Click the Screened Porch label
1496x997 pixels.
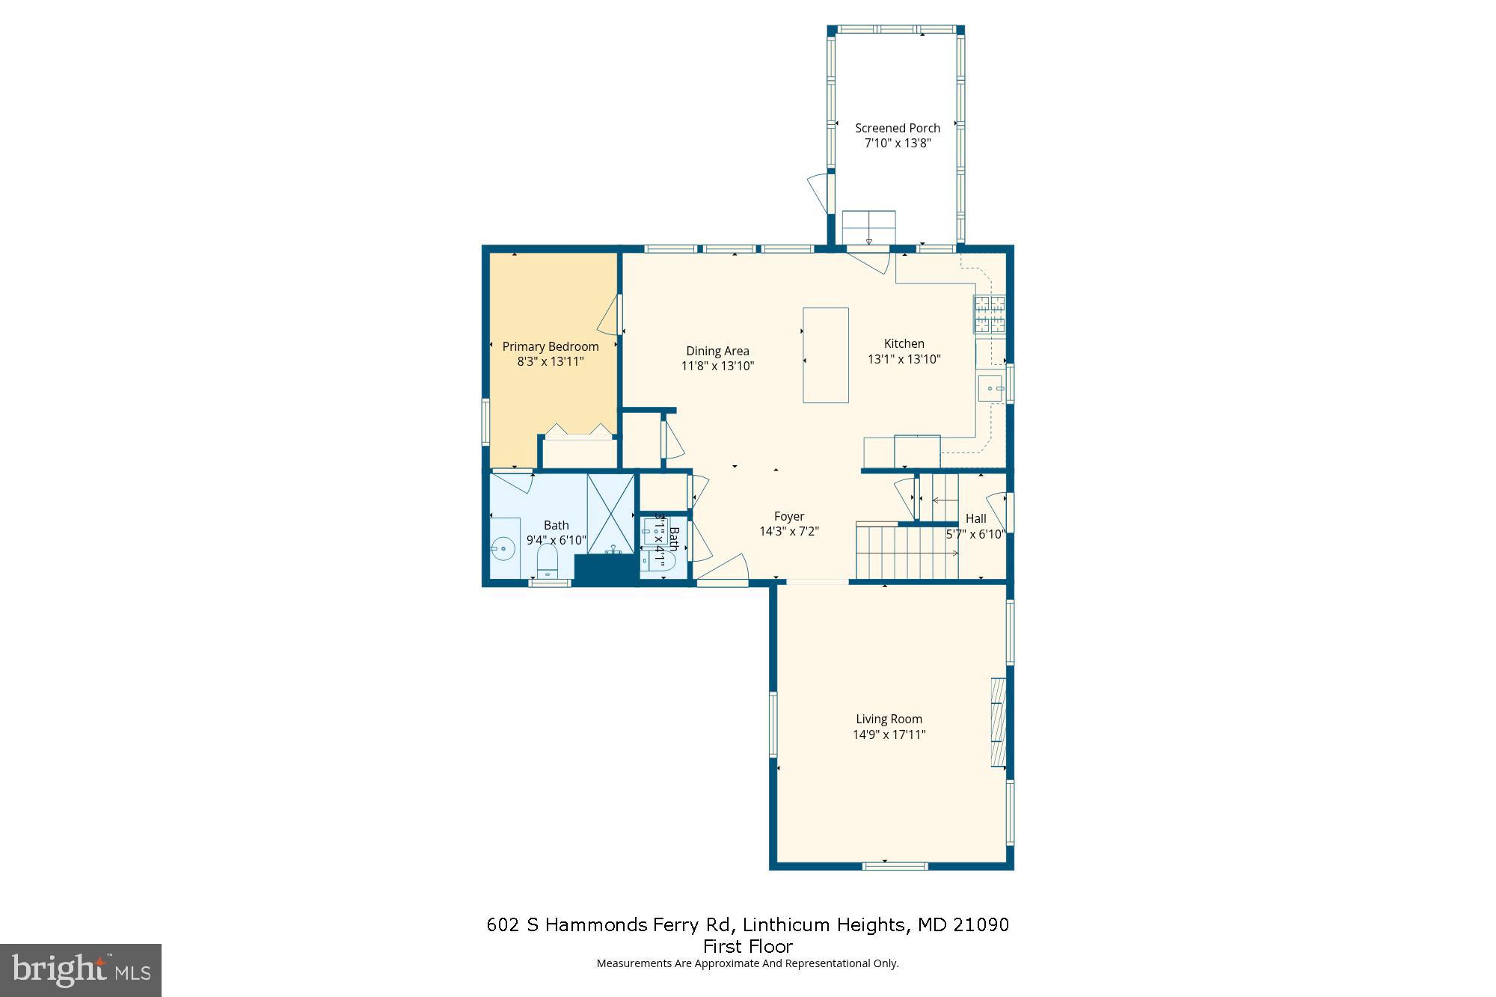(x=897, y=128)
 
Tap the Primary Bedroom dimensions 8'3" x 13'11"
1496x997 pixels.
(x=550, y=362)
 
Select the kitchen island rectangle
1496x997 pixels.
(x=825, y=355)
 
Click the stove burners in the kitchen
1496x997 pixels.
(x=989, y=314)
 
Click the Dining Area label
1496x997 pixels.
(x=717, y=351)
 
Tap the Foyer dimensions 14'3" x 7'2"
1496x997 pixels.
(x=789, y=532)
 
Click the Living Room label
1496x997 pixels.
(x=889, y=719)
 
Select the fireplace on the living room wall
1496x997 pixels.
(x=998, y=722)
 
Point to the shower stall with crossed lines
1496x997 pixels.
(x=610, y=512)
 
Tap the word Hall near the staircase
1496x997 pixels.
(x=975, y=518)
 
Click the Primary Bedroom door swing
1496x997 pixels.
(x=610, y=316)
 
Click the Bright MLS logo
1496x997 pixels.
(x=81, y=970)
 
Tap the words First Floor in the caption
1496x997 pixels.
(x=747, y=946)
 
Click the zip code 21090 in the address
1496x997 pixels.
(x=981, y=925)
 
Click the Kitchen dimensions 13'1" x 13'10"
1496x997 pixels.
(x=904, y=359)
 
